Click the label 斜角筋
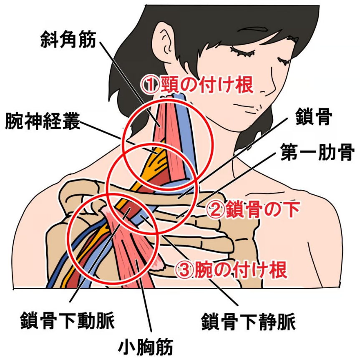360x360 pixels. pyautogui.click(x=68, y=40)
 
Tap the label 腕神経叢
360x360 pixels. pyautogui.click(x=43, y=121)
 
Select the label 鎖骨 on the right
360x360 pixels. pyautogui.click(x=314, y=117)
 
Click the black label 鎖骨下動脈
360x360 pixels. pyautogui.click(x=68, y=320)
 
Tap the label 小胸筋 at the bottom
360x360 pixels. pyautogui.click(x=146, y=346)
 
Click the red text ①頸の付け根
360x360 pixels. pyautogui.click(x=198, y=84)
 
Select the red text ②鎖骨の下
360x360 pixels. pyautogui.click(x=253, y=209)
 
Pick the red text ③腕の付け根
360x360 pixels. pyautogui.click(x=231, y=270)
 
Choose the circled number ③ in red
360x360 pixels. pyautogui.click(x=184, y=270)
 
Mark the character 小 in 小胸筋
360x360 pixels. pyautogui.click(x=127, y=346)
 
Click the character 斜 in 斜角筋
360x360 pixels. pyautogui.click(x=50, y=40)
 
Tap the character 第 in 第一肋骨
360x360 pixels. pyautogui.click(x=289, y=152)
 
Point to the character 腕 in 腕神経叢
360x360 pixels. pyautogui.click(x=14, y=121)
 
